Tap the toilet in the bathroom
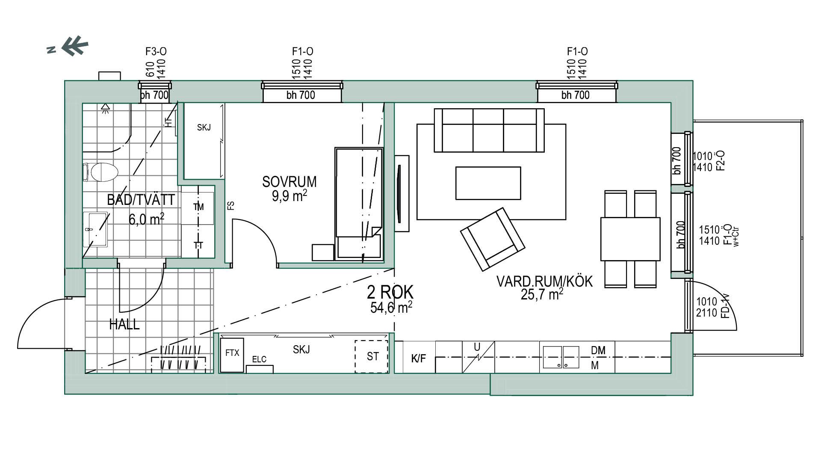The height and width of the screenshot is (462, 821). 100,172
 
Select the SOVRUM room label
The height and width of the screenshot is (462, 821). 289,182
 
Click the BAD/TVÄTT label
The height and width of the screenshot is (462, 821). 141,200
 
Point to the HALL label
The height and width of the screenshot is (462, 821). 124,325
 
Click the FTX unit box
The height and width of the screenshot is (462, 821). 232,355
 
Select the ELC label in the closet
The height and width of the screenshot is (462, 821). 259,359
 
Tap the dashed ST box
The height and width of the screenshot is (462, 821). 372,356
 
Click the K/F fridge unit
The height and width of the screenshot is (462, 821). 419,358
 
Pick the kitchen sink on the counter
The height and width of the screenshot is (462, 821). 561,357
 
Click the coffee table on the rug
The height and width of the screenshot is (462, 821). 488,183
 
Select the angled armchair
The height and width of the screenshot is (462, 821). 493,239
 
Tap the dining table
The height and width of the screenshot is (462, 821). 630,239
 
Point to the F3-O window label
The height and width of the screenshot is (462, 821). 156,52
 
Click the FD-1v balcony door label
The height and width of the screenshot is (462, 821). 725,306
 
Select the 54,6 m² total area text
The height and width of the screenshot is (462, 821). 391,307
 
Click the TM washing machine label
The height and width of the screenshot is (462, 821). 198,207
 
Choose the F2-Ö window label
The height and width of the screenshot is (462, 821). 721,161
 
